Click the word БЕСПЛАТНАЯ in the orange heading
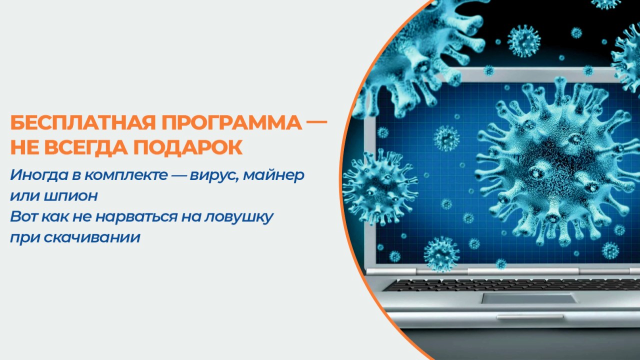(x=83, y=123)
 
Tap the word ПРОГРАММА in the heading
(x=231, y=123)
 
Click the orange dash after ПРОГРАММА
(x=316, y=121)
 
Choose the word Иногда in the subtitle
(x=39, y=175)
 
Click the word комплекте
(x=126, y=175)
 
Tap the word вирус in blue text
(x=214, y=175)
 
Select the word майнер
(x=273, y=175)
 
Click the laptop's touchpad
(x=528, y=298)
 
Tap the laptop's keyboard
(x=514, y=284)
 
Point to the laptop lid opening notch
(x=530, y=317)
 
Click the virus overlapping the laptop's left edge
(x=380, y=187)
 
